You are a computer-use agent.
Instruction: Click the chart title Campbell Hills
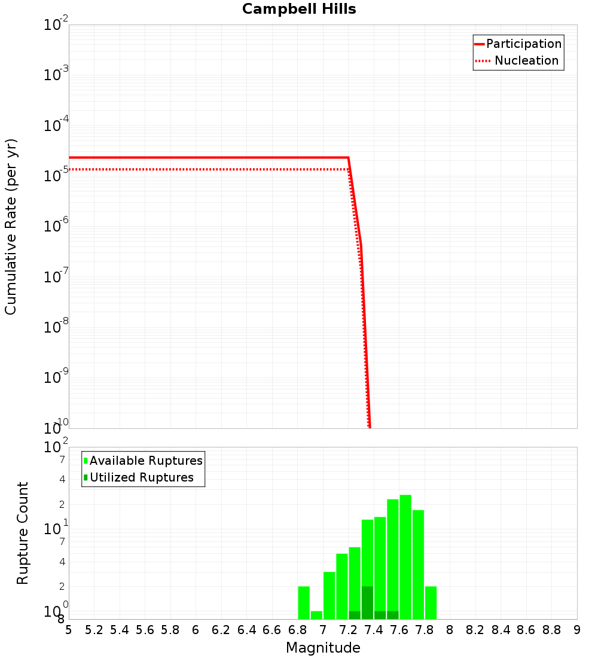click(x=299, y=9)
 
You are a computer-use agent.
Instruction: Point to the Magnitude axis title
click(x=323, y=648)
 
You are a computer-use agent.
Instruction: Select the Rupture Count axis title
click(x=23, y=533)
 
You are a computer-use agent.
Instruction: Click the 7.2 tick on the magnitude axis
click(x=348, y=630)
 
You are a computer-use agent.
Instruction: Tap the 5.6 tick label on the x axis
click(x=145, y=630)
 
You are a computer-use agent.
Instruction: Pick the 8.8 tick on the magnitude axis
click(x=551, y=630)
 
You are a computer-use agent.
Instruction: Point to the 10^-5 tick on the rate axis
click(x=56, y=176)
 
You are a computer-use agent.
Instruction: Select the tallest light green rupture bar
click(x=405, y=556)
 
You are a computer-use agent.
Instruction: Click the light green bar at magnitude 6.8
click(x=304, y=602)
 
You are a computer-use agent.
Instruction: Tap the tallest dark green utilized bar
click(x=367, y=602)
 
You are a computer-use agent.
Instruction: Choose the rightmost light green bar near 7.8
click(x=431, y=602)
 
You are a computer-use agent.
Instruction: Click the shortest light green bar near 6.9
click(x=316, y=615)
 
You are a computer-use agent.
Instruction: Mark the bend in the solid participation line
click(x=348, y=157)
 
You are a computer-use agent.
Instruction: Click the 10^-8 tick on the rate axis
click(x=56, y=327)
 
